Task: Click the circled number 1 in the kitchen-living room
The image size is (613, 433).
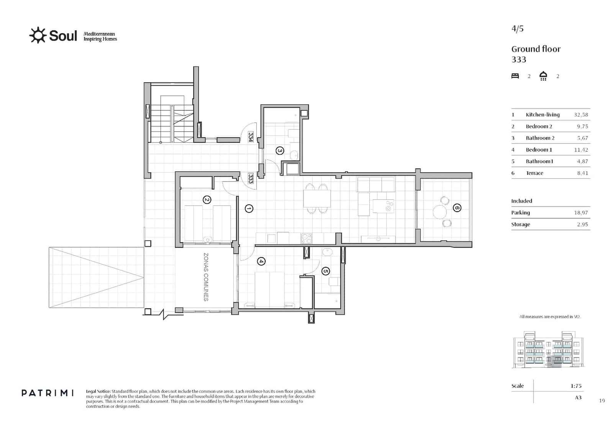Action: click(x=249, y=209)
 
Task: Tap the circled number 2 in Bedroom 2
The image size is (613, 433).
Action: click(x=207, y=200)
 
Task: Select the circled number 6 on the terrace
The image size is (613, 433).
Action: click(x=457, y=208)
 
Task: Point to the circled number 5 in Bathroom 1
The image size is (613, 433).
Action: click(x=325, y=271)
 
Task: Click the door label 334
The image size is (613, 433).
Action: click(x=251, y=137)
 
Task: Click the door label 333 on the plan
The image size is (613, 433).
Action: click(x=251, y=179)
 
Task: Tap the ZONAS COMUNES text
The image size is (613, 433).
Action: click(x=206, y=277)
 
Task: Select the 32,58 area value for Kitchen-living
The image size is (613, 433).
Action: click(x=581, y=115)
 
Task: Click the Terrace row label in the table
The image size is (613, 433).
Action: click(x=534, y=173)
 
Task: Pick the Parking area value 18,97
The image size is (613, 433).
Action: click(x=581, y=213)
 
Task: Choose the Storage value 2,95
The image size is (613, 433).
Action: click(x=582, y=225)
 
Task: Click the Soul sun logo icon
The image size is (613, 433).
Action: click(x=38, y=35)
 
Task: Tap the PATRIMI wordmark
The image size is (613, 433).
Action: click(x=48, y=393)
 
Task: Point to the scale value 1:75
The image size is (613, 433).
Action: click(x=576, y=386)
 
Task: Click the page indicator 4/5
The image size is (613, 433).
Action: click(x=517, y=29)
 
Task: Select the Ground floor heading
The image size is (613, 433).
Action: click(x=536, y=49)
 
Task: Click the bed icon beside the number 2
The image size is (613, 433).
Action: click(x=515, y=76)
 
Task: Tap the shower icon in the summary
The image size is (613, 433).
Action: click(x=543, y=76)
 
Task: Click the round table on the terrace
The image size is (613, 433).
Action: click(x=439, y=211)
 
